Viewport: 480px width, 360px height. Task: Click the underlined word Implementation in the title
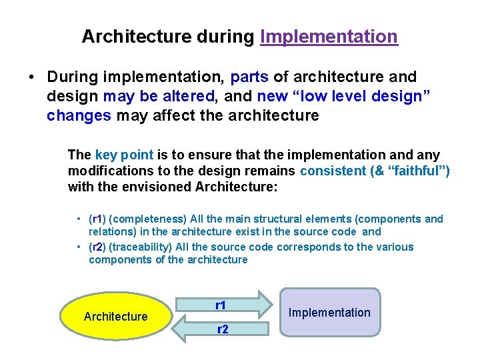click(x=329, y=37)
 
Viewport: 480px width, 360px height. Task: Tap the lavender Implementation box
click(x=329, y=312)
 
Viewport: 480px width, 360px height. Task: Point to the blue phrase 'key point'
click(x=124, y=155)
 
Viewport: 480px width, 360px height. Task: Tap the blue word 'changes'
click(x=79, y=115)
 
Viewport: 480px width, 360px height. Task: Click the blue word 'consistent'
click(x=333, y=171)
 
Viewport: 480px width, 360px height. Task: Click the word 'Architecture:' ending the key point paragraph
click(x=236, y=187)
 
